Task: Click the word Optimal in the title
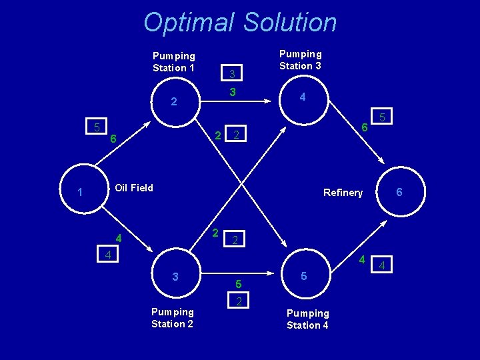point(189,23)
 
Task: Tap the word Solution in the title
point(291,23)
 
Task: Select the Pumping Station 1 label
point(174,62)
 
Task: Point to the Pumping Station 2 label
point(173,318)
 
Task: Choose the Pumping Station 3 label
point(300,60)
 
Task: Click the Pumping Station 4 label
point(307,319)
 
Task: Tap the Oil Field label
point(134,188)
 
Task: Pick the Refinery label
point(343,193)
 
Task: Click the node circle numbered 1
point(80,193)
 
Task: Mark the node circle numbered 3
point(175,276)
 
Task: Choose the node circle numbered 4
point(303,97)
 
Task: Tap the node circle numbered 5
point(303,275)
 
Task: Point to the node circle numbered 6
point(399,192)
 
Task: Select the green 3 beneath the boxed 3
point(231,91)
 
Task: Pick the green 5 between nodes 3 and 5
point(238,285)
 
